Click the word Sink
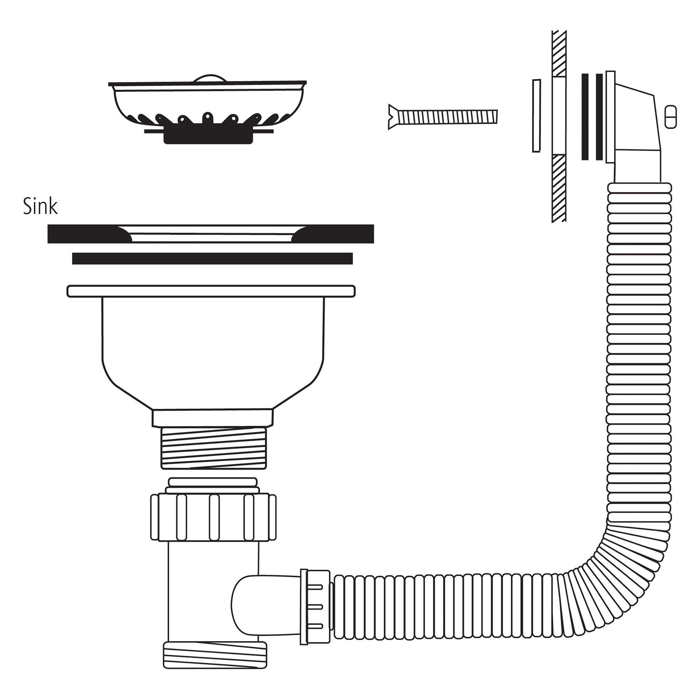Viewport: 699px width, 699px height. [40, 207]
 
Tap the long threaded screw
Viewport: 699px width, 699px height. [443, 117]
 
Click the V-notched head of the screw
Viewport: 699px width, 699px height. [393, 117]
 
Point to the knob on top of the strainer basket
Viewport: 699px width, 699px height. [210, 78]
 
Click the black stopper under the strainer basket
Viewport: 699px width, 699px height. [208, 136]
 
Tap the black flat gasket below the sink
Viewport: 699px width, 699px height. [212, 259]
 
